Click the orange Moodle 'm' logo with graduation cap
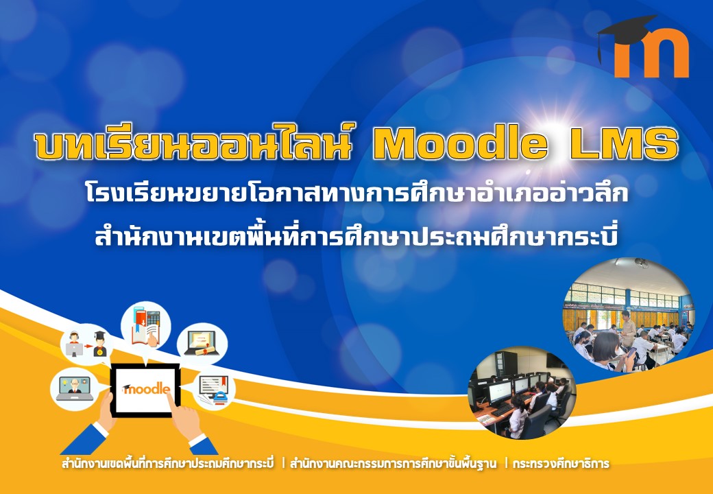(x=643, y=47)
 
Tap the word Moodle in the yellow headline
(x=459, y=144)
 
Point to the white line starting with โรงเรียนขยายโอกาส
(x=356, y=193)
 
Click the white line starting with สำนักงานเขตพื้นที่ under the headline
(x=356, y=236)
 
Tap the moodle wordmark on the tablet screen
(x=146, y=390)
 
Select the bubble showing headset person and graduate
(x=86, y=344)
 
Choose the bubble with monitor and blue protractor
(x=213, y=390)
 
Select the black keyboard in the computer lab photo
(x=503, y=409)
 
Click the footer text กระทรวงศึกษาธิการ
(x=560, y=464)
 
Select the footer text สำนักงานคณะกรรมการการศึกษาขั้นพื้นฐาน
(x=393, y=464)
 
